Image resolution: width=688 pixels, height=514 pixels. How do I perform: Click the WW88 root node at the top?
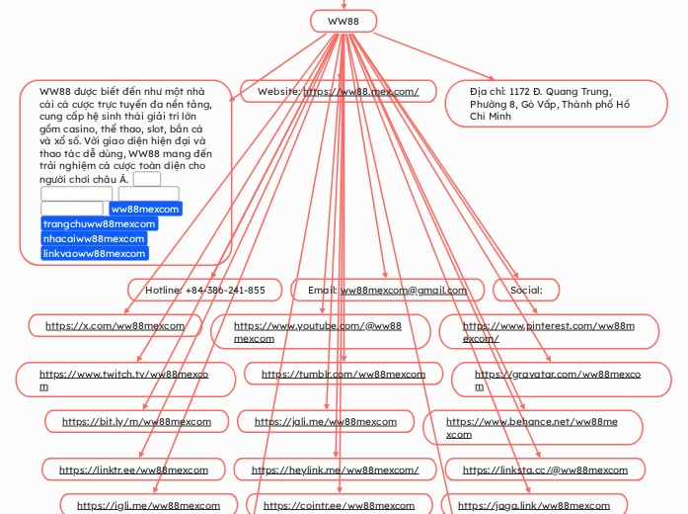(x=344, y=21)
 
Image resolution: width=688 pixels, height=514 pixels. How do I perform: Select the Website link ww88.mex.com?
(x=360, y=92)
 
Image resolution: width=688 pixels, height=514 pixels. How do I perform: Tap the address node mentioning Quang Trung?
(x=556, y=104)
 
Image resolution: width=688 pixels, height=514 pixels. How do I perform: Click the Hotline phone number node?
(x=205, y=290)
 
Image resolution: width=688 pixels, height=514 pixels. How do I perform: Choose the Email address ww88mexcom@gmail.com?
(x=403, y=290)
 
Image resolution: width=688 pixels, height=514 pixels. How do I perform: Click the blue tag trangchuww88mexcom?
(x=99, y=223)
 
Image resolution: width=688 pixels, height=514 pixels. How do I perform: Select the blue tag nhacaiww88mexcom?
(x=94, y=238)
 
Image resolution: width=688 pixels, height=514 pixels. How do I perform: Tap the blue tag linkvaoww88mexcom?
(x=95, y=253)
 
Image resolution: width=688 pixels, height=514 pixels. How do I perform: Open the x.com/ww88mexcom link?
(x=115, y=325)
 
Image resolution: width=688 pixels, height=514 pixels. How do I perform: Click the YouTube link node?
(x=318, y=331)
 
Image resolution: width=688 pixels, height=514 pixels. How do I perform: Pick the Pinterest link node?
(x=548, y=331)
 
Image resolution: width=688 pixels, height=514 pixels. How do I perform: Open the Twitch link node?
(x=124, y=380)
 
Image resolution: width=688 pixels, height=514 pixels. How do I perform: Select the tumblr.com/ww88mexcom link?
(x=344, y=375)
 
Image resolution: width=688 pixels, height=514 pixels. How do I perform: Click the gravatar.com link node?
(x=558, y=380)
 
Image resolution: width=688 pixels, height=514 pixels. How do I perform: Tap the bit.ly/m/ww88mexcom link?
(x=136, y=421)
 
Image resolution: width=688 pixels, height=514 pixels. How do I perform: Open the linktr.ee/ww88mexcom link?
(x=133, y=470)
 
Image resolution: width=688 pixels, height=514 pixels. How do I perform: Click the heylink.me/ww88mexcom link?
(x=335, y=470)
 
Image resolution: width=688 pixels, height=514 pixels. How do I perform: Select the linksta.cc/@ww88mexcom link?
(x=545, y=470)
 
